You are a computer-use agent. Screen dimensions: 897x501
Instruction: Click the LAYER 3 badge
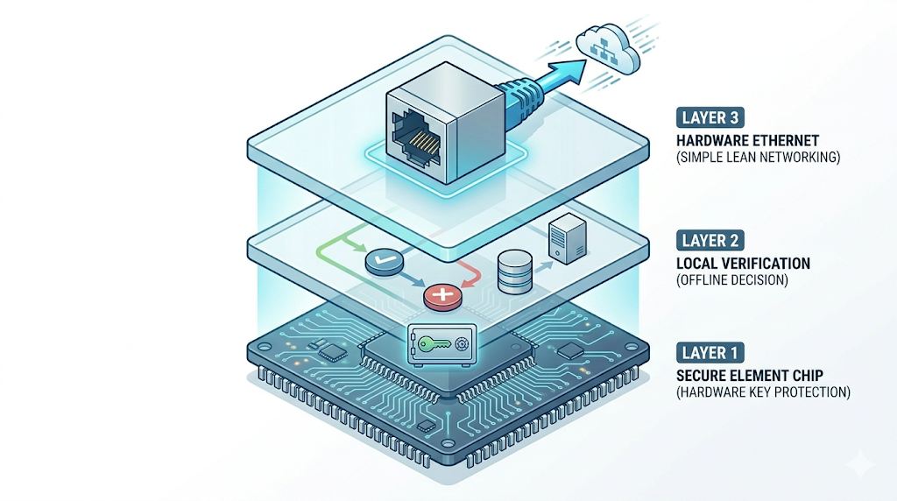pos(710,118)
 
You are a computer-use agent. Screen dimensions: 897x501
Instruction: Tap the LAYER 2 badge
pos(710,240)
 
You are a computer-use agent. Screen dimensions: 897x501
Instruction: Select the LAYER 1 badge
pos(710,353)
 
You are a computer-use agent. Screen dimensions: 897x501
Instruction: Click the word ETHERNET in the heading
pos(784,141)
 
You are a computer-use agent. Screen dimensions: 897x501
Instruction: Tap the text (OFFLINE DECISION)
pos(731,280)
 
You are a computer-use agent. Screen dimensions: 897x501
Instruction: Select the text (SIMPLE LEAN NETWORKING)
pos(758,158)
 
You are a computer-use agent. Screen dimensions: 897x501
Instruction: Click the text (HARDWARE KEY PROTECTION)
pos(763,392)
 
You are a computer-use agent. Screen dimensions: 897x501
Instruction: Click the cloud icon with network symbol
pos(608,49)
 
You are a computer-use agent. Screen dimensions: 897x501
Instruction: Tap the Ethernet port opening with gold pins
pos(416,138)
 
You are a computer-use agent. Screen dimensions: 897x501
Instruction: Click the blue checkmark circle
pos(384,263)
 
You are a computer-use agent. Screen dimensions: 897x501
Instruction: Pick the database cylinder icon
pos(515,272)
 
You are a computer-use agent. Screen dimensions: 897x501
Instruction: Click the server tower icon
pos(568,238)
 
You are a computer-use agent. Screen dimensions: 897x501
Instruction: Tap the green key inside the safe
pos(434,343)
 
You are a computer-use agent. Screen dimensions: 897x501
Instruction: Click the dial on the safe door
pos(461,343)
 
